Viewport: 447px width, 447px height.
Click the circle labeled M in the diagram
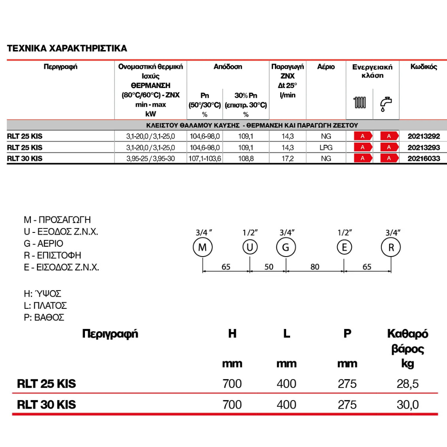[202, 248]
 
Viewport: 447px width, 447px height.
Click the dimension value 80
[315, 267]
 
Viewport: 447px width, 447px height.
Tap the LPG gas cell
[326, 147]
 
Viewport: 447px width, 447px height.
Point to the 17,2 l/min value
[287, 158]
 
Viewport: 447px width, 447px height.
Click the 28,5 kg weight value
[407, 384]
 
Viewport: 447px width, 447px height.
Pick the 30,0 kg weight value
[407, 405]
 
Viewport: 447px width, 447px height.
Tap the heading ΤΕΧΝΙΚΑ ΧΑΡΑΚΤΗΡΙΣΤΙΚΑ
[67, 48]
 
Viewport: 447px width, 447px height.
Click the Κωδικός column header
[423, 67]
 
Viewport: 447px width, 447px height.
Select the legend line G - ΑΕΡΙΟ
[43, 244]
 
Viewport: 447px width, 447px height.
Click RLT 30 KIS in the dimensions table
[46, 405]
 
